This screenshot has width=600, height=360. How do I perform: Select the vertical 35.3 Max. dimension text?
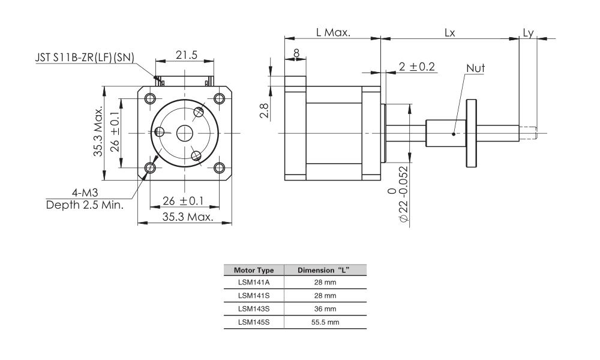[x=98, y=133]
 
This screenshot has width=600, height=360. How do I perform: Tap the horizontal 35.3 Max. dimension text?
[x=187, y=217]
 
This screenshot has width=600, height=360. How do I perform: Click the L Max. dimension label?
[x=333, y=32]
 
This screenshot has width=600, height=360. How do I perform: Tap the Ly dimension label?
[x=528, y=32]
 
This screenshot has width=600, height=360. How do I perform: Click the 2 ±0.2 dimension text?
[x=416, y=67]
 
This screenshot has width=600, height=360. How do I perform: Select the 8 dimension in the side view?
[x=296, y=53]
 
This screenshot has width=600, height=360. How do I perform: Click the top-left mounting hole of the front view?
[x=150, y=98]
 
